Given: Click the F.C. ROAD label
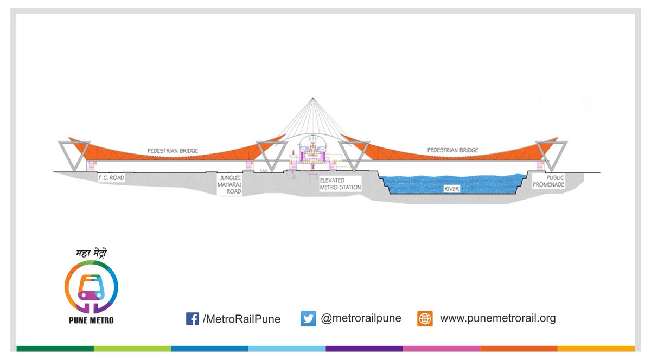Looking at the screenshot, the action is pyautogui.click(x=111, y=177).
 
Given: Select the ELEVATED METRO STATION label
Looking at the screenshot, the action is pyautogui.click(x=340, y=183).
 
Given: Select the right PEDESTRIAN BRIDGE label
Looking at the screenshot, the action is pyautogui.click(x=452, y=150).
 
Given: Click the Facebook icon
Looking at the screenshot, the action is pyautogui.click(x=192, y=319).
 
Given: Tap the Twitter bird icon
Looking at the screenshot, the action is pyautogui.click(x=308, y=319).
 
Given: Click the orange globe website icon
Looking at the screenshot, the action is pyautogui.click(x=425, y=319).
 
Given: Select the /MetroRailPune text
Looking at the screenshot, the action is pyautogui.click(x=241, y=319).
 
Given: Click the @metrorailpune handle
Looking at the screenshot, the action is pyautogui.click(x=361, y=318).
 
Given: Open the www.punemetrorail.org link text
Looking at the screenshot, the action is pyautogui.click(x=497, y=318).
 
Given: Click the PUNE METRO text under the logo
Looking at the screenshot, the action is pyautogui.click(x=91, y=320).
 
